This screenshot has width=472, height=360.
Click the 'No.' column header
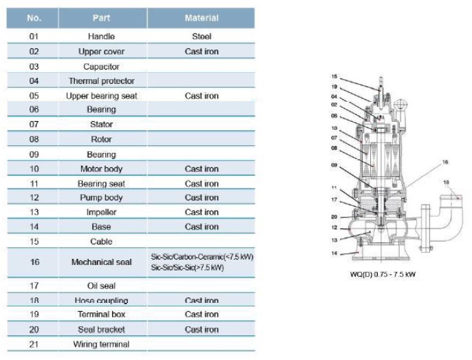pyautogui.click(x=34, y=18)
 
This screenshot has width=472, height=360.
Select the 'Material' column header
pyautogui.click(x=202, y=18)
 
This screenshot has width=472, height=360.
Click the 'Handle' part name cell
pyautogui.click(x=101, y=36)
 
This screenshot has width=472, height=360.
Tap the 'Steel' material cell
pyautogui.click(x=202, y=36)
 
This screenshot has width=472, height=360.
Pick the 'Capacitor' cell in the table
pyautogui.click(x=101, y=66)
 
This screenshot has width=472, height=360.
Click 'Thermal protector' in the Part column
pyautogui.click(x=101, y=81)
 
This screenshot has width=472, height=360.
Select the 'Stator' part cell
pyautogui.click(x=101, y=125)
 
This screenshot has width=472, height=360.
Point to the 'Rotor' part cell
pyautogui.click(x=101, y=139)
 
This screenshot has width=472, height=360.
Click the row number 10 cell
pyautogui.click(x=34, y=169)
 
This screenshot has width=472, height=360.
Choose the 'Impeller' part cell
pyautogui.click(x=101, y=212)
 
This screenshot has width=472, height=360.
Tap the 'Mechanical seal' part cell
pyautogui.click(x=101, y=262)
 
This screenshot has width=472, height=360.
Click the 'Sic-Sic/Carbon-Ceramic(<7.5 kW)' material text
pyautogui.click(x=202, y=257)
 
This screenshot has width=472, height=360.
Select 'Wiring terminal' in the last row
pyautogui.click(x=101, y=344)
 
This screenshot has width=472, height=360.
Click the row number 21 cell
pyautogui.click(x=34, y=344)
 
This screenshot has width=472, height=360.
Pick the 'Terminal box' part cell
pyautogui.click(x=101, y=314)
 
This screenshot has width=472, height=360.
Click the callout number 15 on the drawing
pyautogui.click(x=334, y=76)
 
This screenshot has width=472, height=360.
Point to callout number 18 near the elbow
pyautogui.click(x=446, y=182)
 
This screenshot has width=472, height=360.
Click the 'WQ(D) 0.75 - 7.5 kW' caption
pyautogui.click(x=380, y=274)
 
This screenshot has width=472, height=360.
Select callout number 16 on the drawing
pyautogui.click(x=444, y=162)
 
